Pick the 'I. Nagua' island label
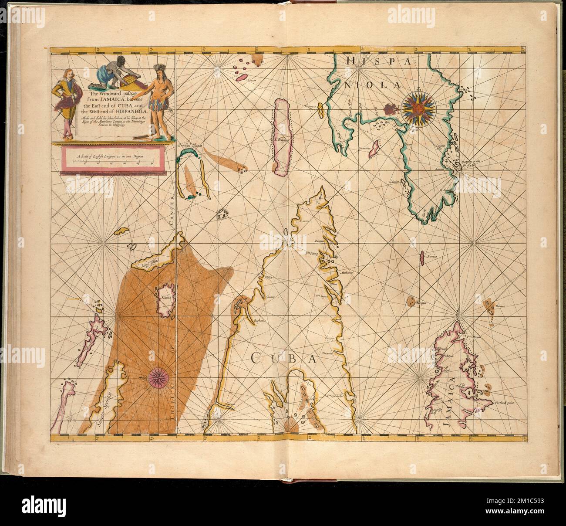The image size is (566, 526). (x=282, y=139)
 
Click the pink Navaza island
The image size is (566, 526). (x=421, y=258)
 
